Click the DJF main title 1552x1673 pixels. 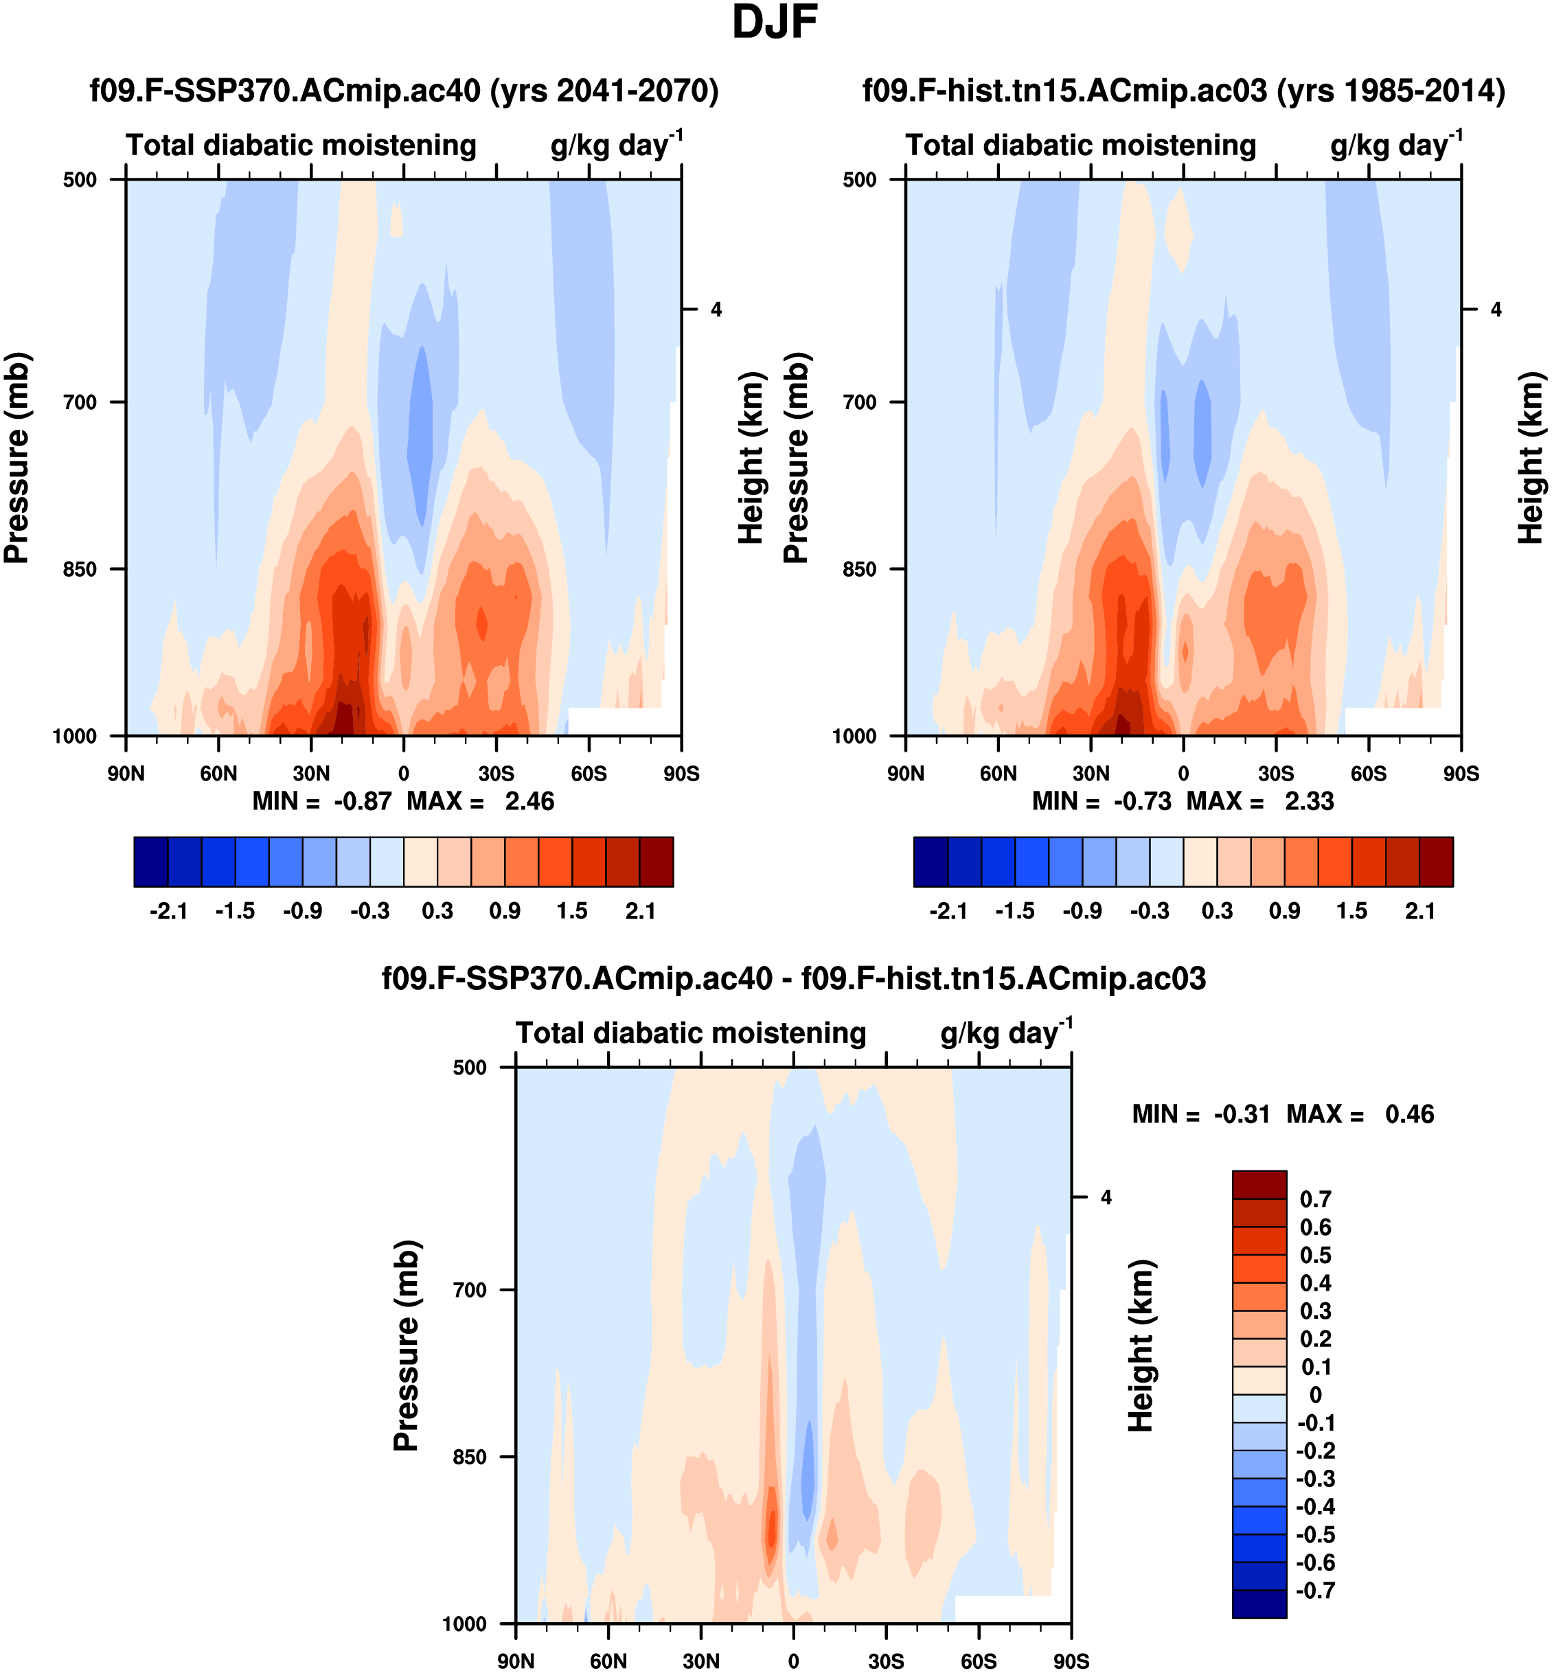pyautogui.click(x=775, y=23)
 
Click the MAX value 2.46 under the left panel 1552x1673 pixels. pyautogui.click(x=529, y=802)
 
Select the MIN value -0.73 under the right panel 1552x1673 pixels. pyautogui.click(x=1142, y=802)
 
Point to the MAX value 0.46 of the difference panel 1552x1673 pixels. pyautogui.click(x=1409, y=1114)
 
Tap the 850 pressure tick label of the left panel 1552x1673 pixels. pyautogui.click(x=80, y=569)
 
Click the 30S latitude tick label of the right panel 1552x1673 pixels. pyautogui.click(x=1276, y=773)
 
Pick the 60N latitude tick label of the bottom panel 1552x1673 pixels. pyautogui.click(x=608, y=1661)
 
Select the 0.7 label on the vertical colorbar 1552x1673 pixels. pyautogui.click(x=1315, y=1199)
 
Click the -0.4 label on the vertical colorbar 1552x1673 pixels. pyautogui.click(x=1315, y=1506)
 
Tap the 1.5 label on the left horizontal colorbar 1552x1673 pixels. pyautogui.click(x=572, y=911)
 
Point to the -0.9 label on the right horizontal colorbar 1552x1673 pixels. pyautogui.click(x=1082, y=911)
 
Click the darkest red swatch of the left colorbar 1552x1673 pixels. pyautogui.click(x=656, y=862)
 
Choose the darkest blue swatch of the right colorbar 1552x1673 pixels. pyautogui.click(x=931, y=862)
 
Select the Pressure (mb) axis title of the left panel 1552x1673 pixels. pyautogui.click(x=16, y=457)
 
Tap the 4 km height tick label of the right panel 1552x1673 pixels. pyautogui.click(x=1496, y=310)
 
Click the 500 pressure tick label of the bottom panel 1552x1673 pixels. pyautogui.click(x=470, y=1067)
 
